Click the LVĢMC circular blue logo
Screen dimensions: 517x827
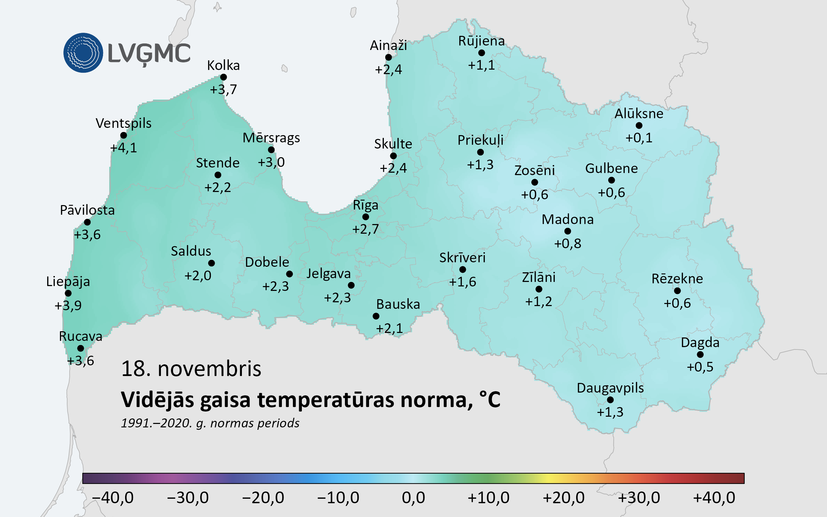coord(83,53)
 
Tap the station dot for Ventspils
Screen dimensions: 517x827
coord(123,135)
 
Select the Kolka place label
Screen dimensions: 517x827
coord(223,65)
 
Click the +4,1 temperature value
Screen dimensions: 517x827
coord(123,148)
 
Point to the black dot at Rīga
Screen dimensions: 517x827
coord(366,217)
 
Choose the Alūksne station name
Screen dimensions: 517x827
coord(639,114)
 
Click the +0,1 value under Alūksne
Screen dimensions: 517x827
coord(639,138)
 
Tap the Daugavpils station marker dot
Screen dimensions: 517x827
coord(610,400)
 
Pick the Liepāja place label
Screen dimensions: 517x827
coord(68,282)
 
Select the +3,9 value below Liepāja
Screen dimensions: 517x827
coord(68,306)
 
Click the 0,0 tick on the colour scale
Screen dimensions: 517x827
coord(413,498)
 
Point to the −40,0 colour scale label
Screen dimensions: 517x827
coord(113,498)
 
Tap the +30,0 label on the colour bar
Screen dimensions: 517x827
coord(639,498)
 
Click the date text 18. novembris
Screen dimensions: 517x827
coord(191,369)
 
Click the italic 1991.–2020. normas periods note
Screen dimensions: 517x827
coord(210,423)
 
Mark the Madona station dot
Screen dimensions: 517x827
coord(568,231)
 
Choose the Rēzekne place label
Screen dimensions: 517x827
coord(677,279)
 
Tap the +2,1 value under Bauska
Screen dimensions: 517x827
coord(389,328)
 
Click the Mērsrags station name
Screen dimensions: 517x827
coord(271,138)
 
